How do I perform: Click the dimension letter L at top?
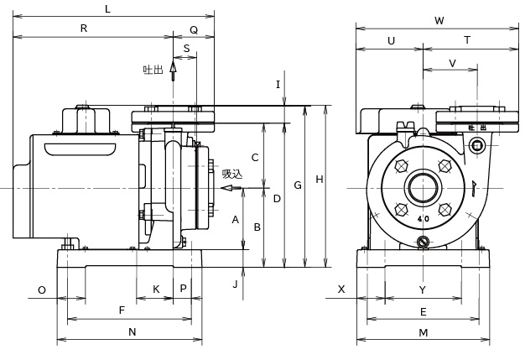[x=107, y=8]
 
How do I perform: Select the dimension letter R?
[x=83, y=29]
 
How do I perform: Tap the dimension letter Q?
[x=194, y=29]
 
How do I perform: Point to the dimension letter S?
[x=186, y=49]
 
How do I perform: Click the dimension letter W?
[x=439, y=20]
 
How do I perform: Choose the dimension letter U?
[x=392, y=40]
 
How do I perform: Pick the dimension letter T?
[x=467, y=40]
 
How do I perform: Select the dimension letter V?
[x=453, y=63]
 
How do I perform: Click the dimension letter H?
[x=319, y=179]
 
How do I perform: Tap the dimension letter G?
[x=297, y=185]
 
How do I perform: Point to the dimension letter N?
[x=132, y=332]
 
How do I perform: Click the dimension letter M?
[x=424, y=332]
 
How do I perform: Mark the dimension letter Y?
[x=423, y=290]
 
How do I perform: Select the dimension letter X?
[x=341, y=290]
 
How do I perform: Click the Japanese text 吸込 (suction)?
[x=232, y=175]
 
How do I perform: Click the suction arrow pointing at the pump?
[x=231, y=188]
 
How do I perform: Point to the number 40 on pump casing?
[x=423, y=220]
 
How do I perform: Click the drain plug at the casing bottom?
[x=424, y=243]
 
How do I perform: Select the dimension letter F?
[x=122, y=310]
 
